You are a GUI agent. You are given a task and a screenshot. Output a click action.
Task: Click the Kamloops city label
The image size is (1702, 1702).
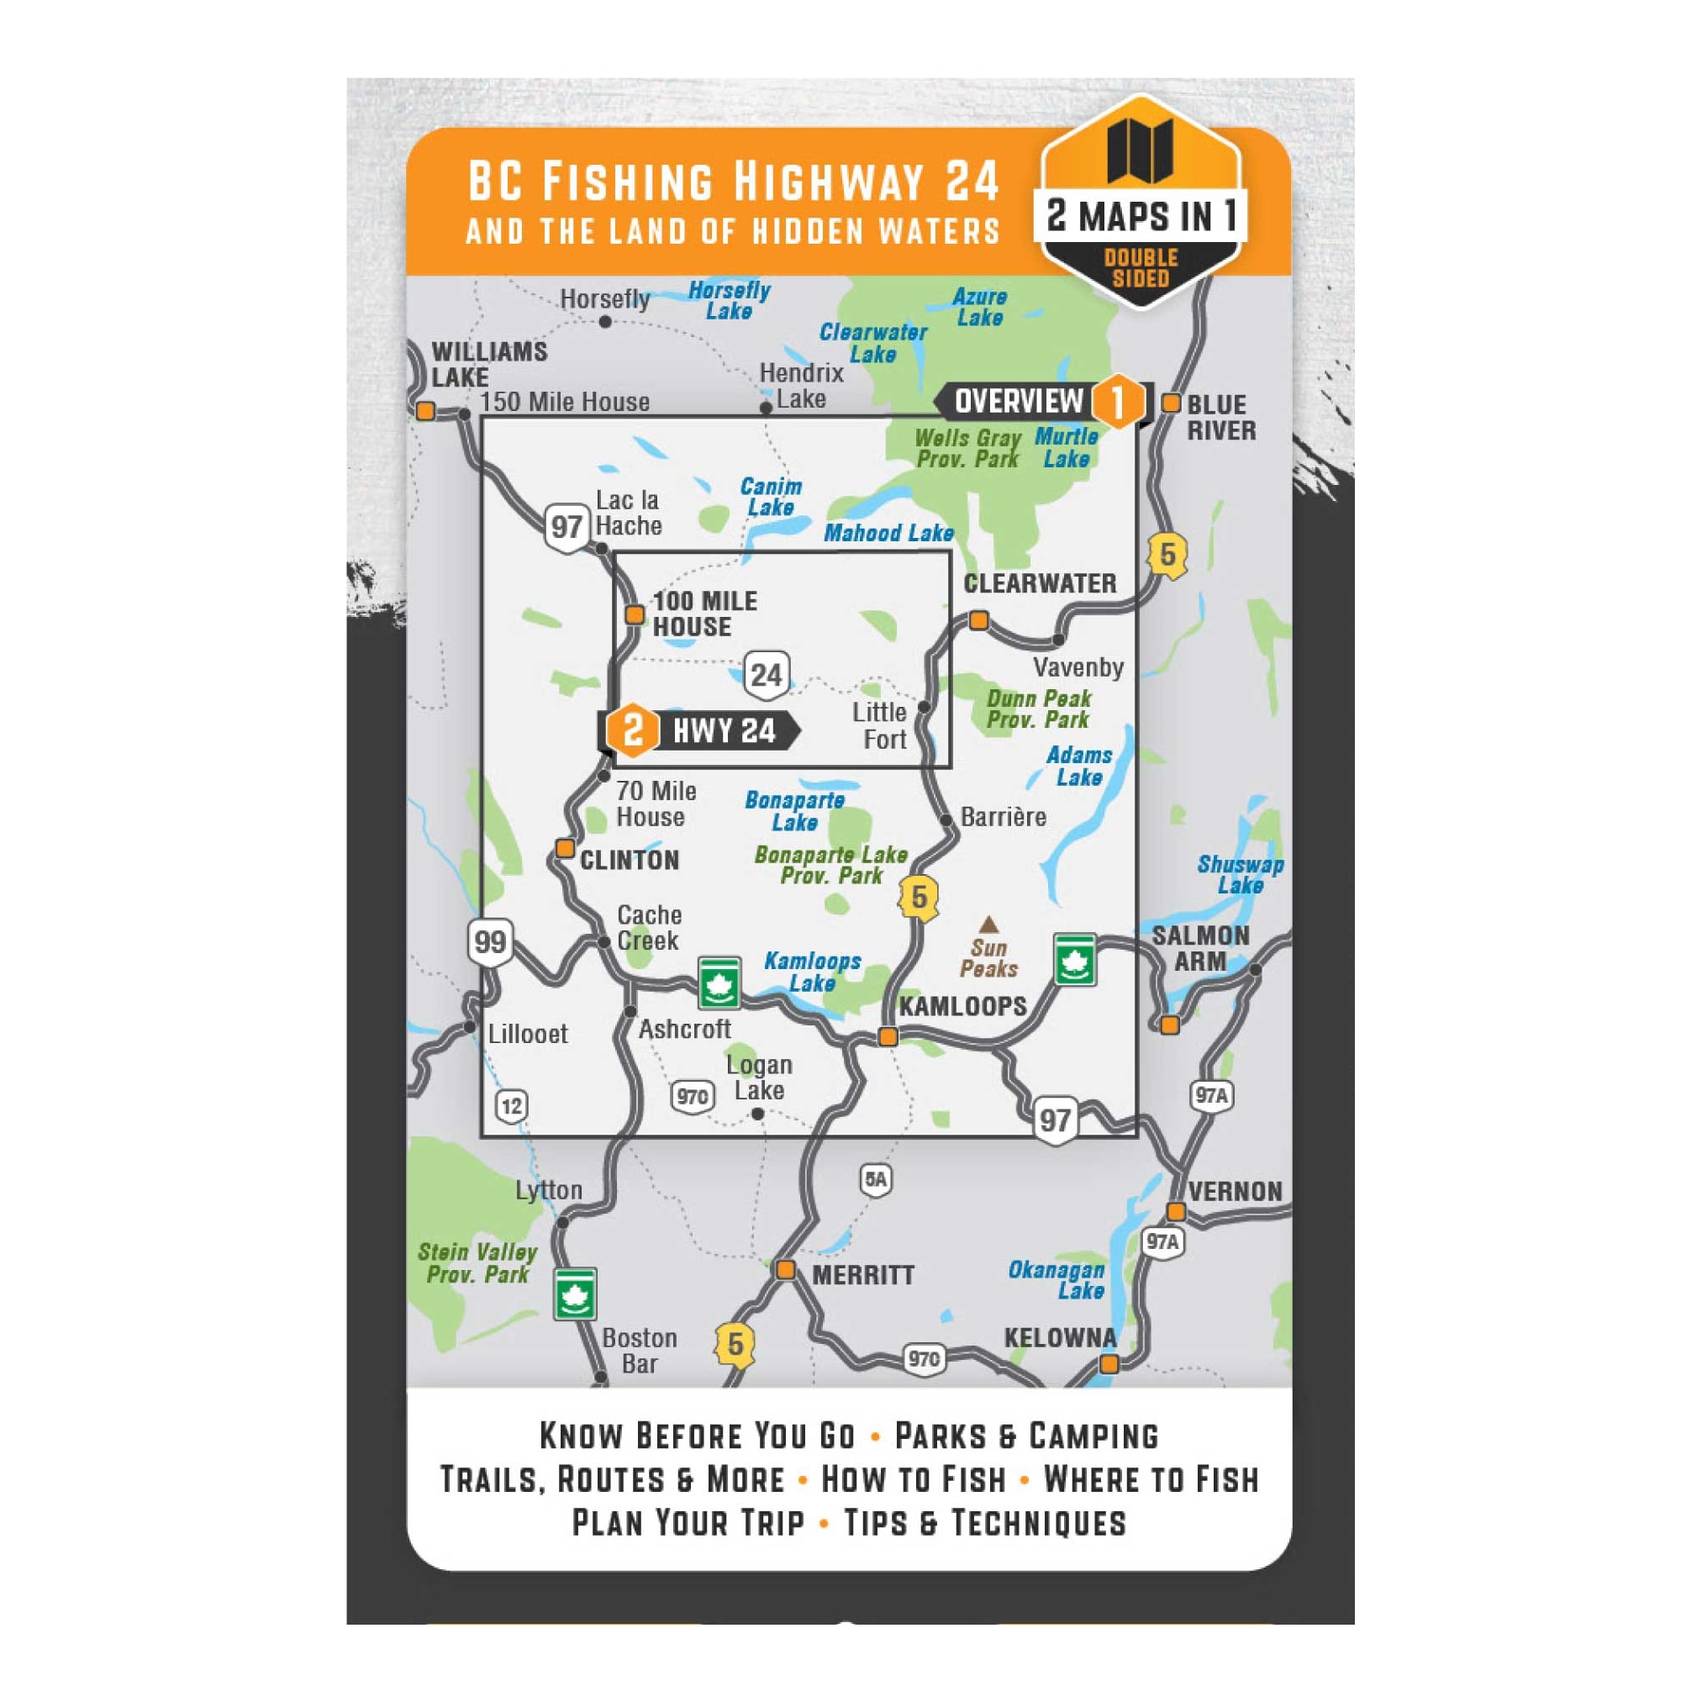[962, 1006]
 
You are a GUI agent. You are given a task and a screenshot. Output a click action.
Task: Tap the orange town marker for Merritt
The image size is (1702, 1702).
[785, 1270]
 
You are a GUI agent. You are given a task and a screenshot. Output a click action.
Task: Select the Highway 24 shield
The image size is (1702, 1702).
[766, 676]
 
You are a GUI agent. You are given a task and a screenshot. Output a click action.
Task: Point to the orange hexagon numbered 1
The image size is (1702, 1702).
[1117, 402]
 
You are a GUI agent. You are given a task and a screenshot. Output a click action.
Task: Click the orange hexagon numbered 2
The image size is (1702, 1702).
[633, 730]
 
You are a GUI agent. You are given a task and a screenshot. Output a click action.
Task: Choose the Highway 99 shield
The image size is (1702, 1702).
[490, 941]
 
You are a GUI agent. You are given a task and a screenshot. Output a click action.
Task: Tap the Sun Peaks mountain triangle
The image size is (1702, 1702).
[988, 924]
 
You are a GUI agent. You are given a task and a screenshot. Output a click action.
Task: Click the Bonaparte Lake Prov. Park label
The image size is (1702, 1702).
[830, 865]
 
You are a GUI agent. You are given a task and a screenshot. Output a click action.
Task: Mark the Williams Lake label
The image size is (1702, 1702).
[489, 364]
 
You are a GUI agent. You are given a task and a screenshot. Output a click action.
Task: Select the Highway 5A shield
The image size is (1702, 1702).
[876, 1178]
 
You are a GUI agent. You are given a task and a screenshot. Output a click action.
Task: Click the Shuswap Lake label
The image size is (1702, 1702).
[1240, 875]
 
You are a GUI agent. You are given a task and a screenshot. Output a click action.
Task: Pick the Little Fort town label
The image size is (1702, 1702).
[879, 726]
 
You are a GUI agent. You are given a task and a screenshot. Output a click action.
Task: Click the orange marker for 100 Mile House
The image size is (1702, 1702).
[635, 614]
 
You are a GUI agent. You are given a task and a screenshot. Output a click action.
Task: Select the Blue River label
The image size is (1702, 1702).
[1221, 418]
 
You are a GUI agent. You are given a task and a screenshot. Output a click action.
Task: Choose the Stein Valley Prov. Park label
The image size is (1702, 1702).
[477, 1263]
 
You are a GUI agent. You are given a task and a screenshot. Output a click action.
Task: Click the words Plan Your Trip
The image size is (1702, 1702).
[688, 1522]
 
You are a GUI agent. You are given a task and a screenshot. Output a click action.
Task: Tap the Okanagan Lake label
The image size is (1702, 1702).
[1057, 1280]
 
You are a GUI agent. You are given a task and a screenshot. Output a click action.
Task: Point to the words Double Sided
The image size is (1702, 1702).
[1141, 268]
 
